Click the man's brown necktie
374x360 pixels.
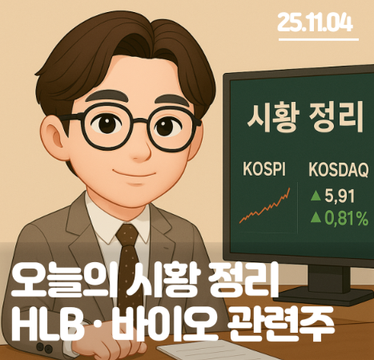point(127,245)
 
